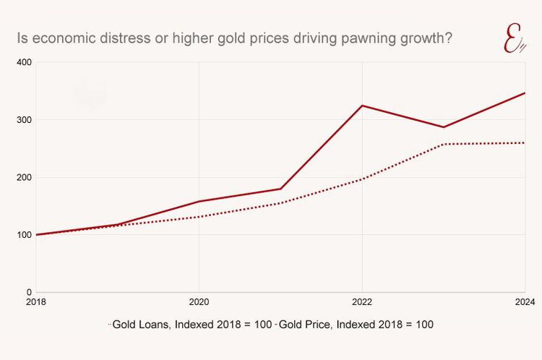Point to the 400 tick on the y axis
(25, 63)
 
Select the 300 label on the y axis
(25, 120)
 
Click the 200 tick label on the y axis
(25, 177)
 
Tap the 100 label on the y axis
(25, 235)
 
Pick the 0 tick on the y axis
(28, 292)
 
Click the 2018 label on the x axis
(36, 302)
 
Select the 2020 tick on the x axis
(199, 302)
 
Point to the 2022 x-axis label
(362, 302)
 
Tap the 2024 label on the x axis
(524, 302)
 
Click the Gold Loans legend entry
(191, 325)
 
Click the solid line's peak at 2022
(362, 106)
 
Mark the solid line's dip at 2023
(444, 127)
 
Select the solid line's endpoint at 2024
(525, 93)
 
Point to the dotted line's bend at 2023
(444, 144)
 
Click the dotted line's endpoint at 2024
(525, 142)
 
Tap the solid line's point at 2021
(280, 189)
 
